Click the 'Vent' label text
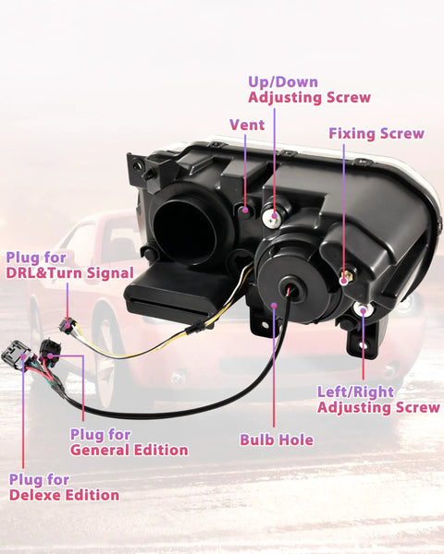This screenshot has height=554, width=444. (x=247, y=125)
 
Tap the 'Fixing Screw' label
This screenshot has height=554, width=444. (x=376, y=134)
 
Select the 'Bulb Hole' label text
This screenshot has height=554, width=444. (x=277, y=440)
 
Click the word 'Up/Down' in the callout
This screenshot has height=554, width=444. (x=283, y=82)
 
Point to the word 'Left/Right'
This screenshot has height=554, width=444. (x=355, y=391)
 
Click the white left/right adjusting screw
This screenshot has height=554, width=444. (x=363, y=310)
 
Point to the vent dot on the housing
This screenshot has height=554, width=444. (x=244, y=210)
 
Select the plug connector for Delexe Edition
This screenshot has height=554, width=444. (x=16, y=354)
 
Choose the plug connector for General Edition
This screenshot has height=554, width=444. (x=49, y=351)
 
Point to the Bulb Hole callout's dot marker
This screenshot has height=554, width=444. (x=274, y=306)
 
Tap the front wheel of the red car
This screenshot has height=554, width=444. (x=109, y=356)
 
